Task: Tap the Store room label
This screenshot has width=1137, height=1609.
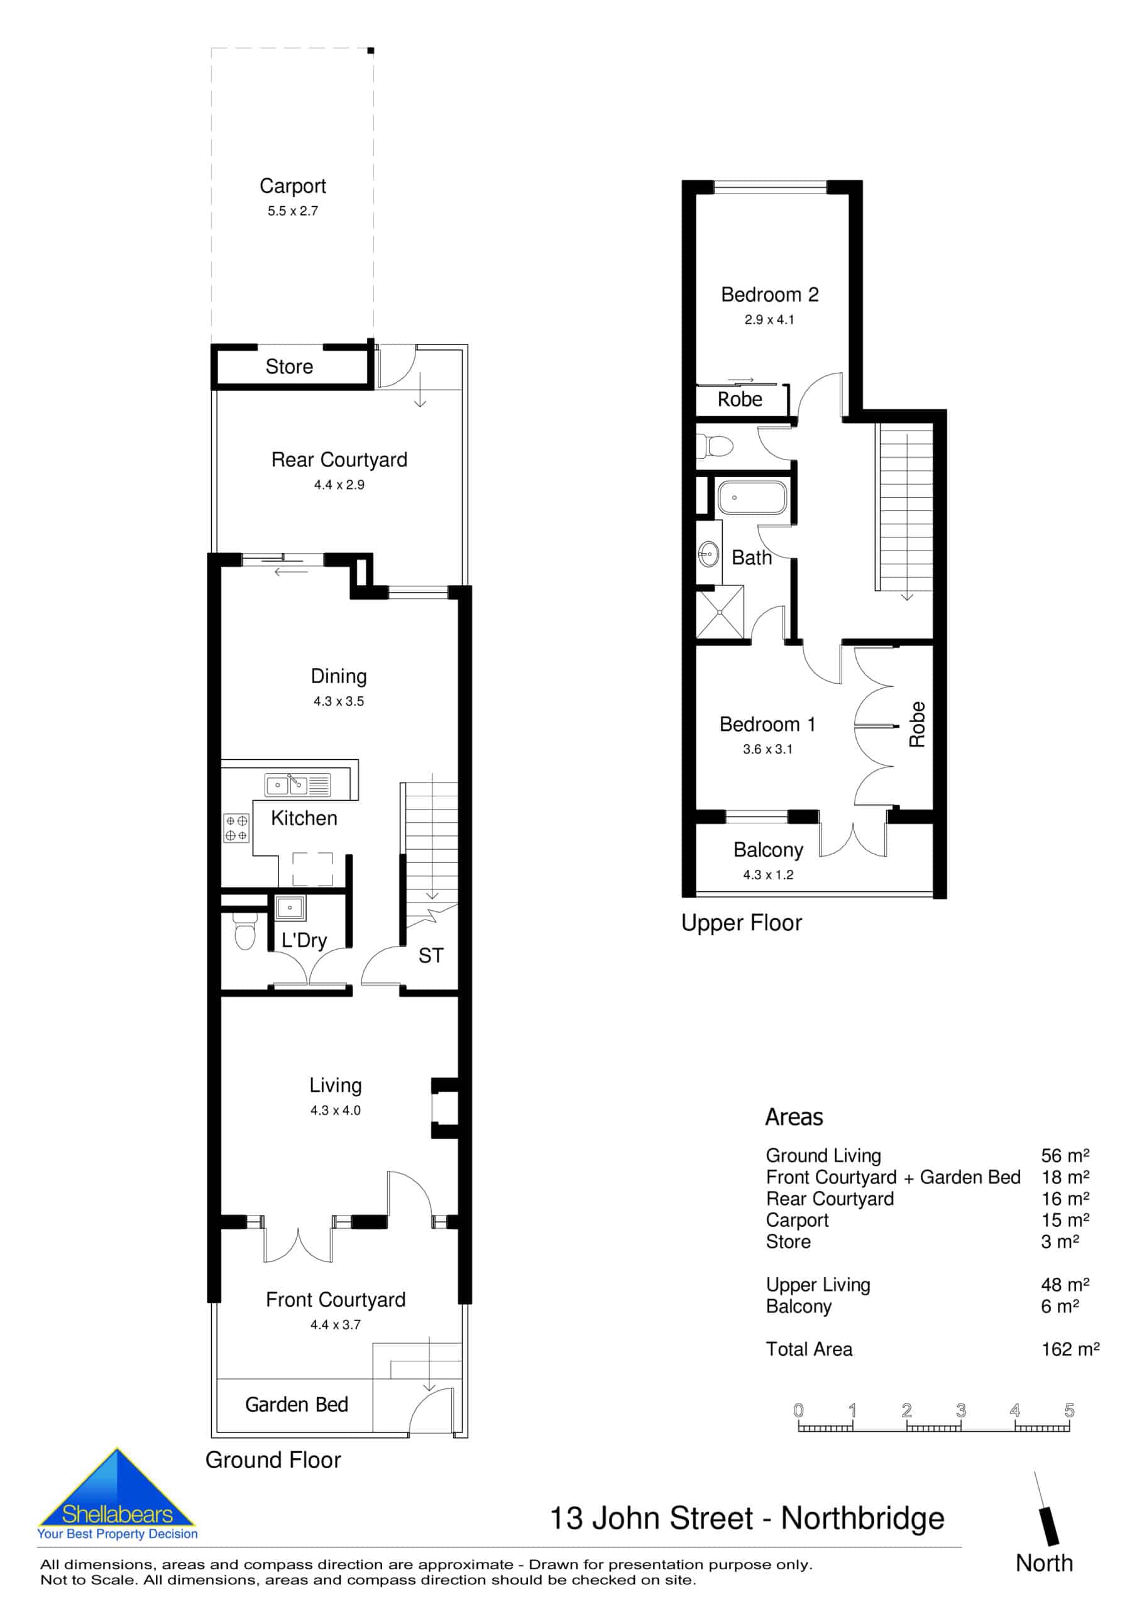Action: click(288, 366)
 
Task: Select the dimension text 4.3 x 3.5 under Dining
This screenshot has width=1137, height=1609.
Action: click(339, 701)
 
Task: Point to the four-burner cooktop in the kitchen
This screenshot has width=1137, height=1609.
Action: click(236, 828)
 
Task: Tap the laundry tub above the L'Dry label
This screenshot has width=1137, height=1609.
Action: click(290, 908)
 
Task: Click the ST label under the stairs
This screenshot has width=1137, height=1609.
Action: click(431, 956)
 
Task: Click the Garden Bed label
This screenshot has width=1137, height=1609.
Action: click(297, 1404)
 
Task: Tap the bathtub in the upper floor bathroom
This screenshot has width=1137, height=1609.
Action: click(752, 498)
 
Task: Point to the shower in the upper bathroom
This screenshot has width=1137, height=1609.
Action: click(720, 612)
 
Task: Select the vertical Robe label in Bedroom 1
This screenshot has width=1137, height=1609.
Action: click(917, 725)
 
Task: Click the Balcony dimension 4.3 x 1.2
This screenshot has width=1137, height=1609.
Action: click(768, 874)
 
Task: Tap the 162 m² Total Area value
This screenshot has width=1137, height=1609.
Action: click(1070, 1349)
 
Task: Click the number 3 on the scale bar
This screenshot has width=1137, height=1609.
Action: click(960, 1410)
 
